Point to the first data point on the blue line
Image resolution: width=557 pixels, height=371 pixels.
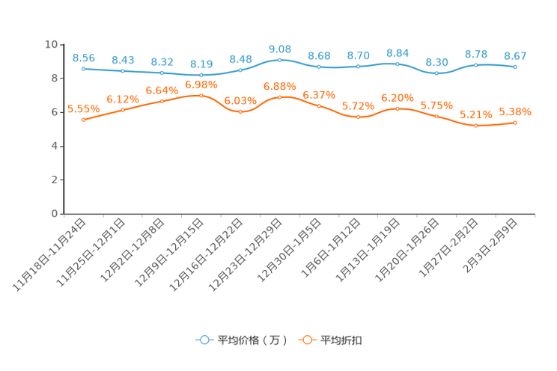coord(84,68)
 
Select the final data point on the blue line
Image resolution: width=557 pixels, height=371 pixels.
coord(514,67)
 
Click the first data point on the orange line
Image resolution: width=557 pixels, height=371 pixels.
coord(84,120)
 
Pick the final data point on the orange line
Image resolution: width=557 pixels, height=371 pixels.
coord(514,122)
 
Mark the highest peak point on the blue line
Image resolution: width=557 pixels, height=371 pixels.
coord(280,59)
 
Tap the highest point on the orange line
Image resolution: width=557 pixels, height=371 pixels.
coord(201,96)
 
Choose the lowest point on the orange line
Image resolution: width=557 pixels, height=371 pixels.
coord(475,125)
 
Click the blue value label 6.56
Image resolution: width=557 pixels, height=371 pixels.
coord(84,58)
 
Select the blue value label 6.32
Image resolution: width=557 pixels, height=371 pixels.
coord(162,62)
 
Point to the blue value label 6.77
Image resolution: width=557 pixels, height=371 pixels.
coord(514,56)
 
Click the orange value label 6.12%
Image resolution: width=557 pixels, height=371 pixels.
coord(123,99)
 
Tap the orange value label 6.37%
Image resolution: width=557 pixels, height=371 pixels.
coord(319,95)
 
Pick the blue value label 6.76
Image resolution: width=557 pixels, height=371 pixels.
coord(359,55)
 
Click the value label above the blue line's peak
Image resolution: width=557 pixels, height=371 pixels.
coord(280,49)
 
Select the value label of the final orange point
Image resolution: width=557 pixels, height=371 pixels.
coord(515,112)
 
